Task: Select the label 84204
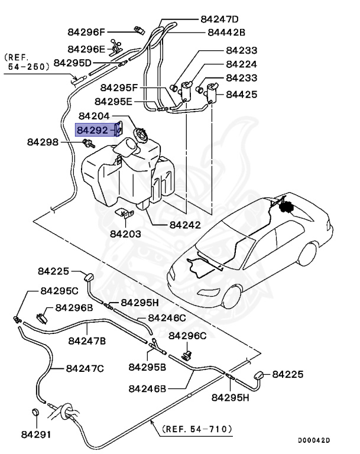click(x=94, y=118)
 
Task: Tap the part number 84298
click(x=43, y=142)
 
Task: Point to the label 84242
click(x=184, y=225)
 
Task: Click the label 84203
click(x=125, y=234)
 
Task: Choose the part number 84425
click(x=241, y=93)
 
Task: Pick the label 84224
click(x=241, y=64)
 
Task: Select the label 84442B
click(x=226, y=33)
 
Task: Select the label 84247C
click(x=85, y=368)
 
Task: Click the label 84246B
click(x=147, y=388)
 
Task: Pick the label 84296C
click(x=187, y=336)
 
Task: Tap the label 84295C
click(x=59, y=291)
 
